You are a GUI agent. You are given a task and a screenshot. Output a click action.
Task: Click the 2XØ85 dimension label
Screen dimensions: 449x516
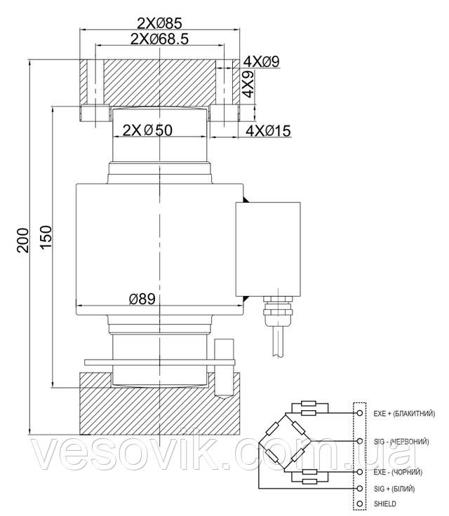pyautogui.click(x=159, y=23)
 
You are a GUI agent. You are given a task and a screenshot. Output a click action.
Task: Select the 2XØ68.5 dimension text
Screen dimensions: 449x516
pyautogui.click(x=159, y=39)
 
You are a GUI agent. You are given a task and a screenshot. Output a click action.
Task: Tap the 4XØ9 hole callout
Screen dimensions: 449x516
pyautogui.click(x=261, y=61)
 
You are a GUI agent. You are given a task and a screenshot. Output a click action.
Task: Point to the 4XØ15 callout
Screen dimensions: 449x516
pyautogui.click(x=268, y=131)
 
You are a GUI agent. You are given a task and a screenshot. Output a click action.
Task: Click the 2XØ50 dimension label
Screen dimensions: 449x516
pyautogui.click(x=147, y=130)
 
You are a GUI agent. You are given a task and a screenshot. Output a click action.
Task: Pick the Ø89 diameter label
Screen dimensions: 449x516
pyautogui.click(x=142, y=299)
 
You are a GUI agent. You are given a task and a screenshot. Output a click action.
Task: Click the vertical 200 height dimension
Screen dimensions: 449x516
pyautogui.click(x=23, y=240)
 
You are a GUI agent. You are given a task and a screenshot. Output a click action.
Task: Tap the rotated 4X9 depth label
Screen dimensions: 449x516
pyautogui.click(x=248, y=84)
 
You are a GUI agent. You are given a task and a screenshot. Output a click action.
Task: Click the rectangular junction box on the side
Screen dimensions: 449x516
pyautogui.click(x=268, y=249)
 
